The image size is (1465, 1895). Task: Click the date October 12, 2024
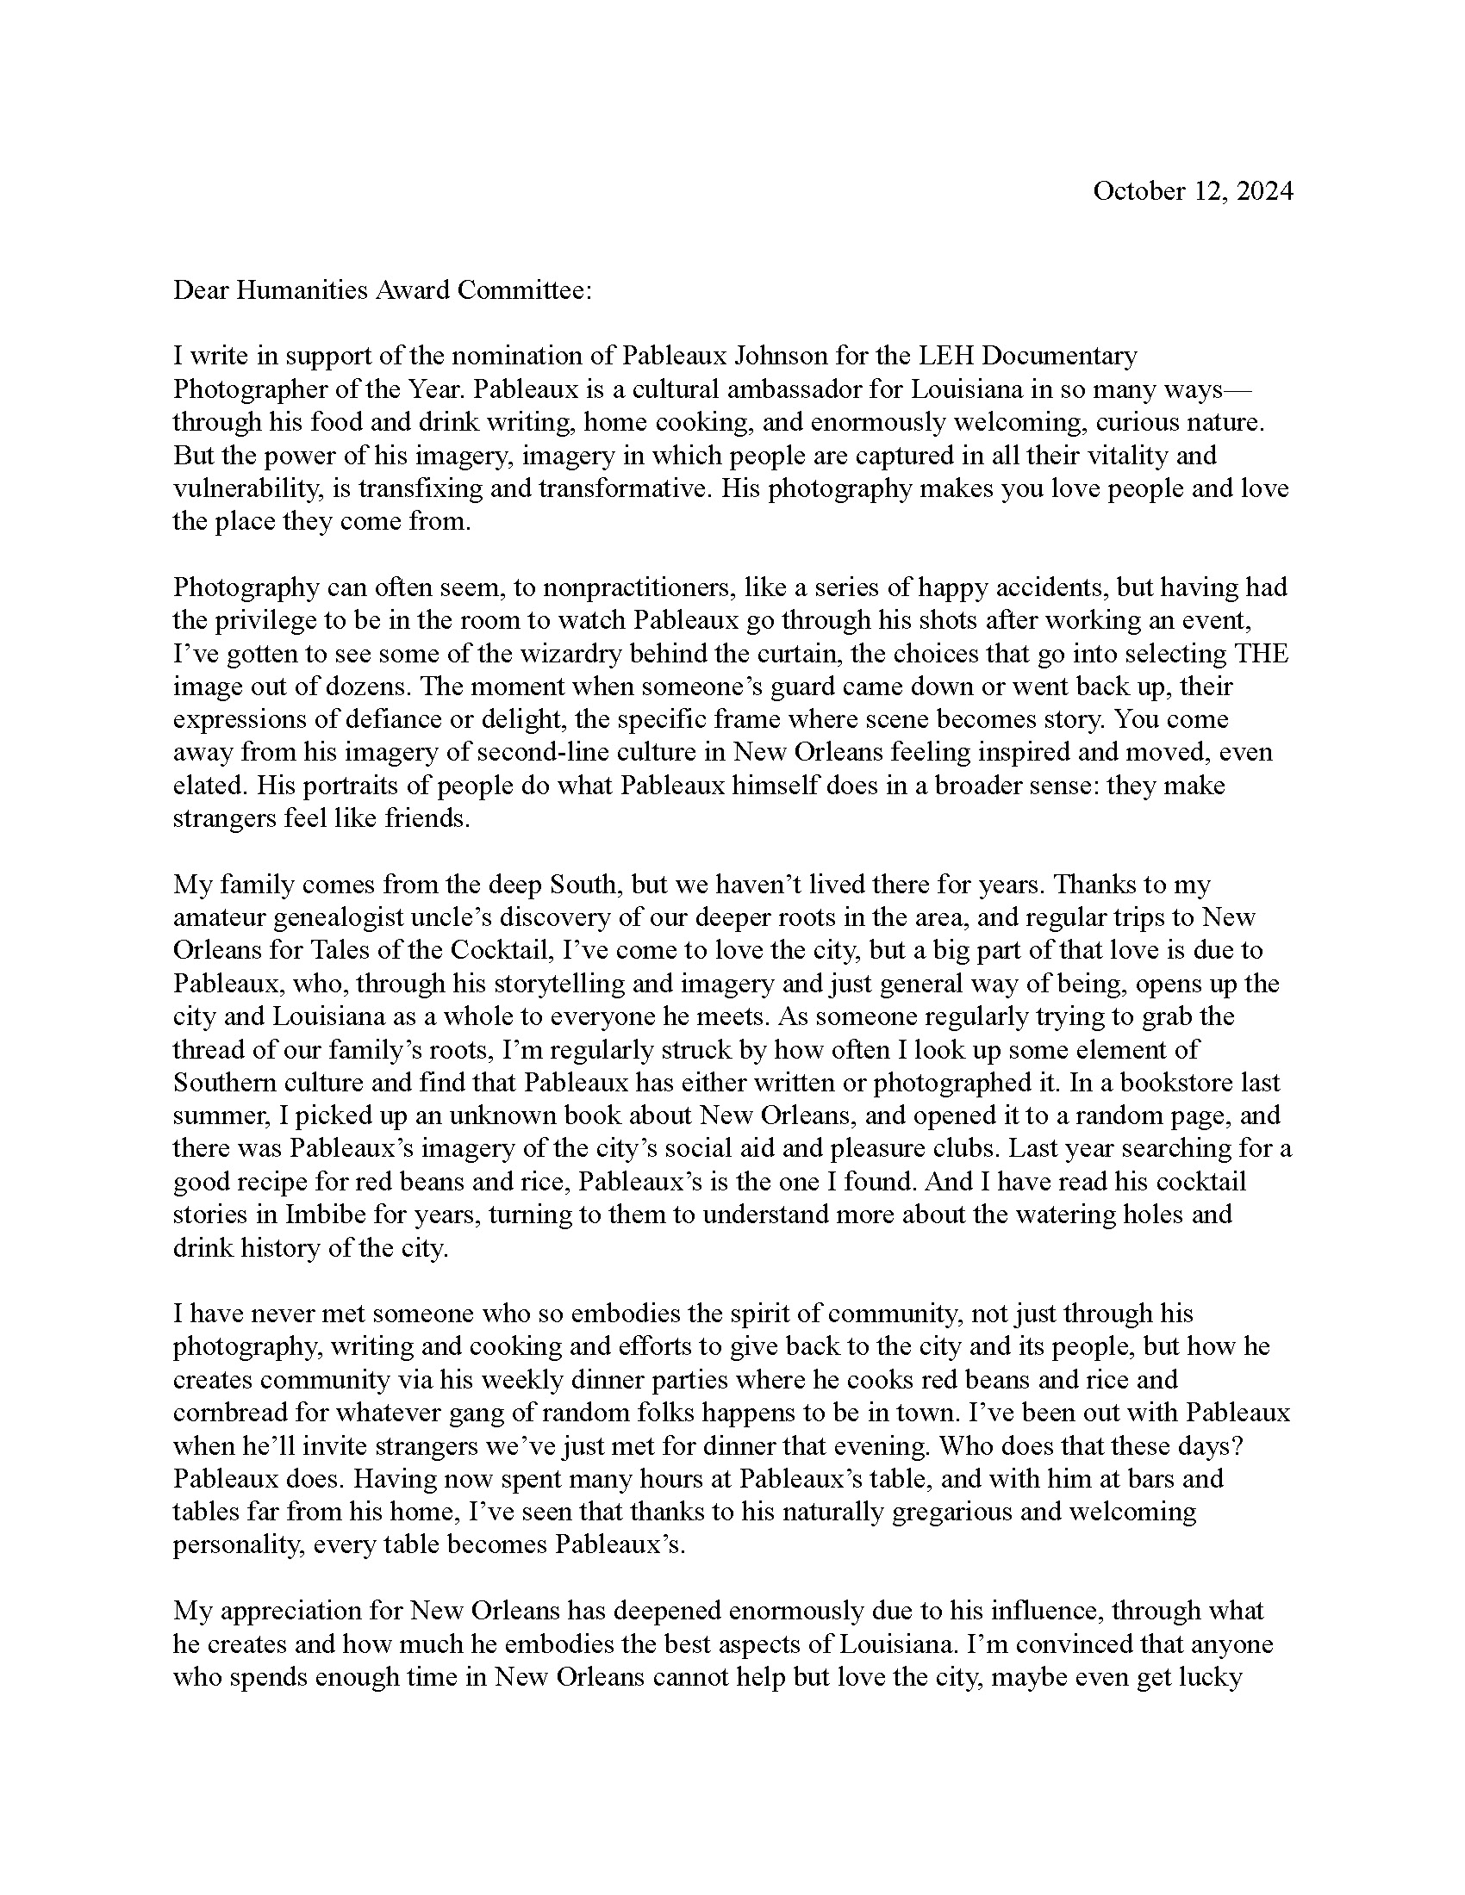(1193, 191)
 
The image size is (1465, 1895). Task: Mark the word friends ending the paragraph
(427, 818)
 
